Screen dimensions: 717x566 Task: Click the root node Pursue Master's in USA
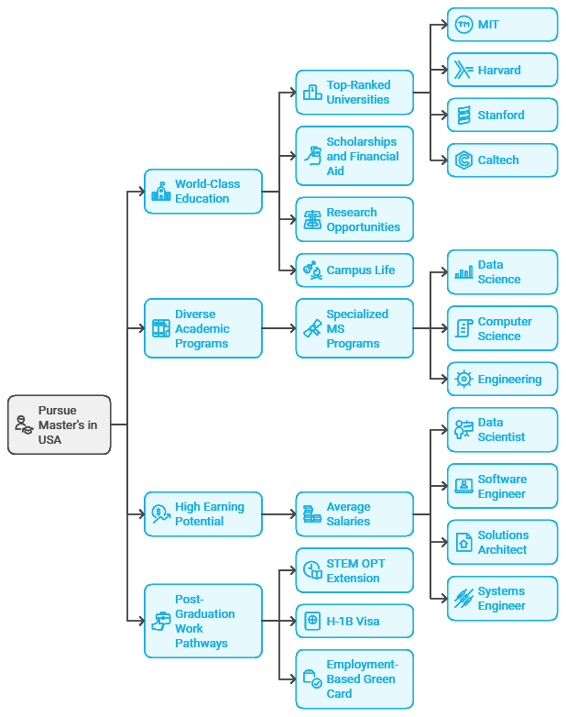tap(60, 425)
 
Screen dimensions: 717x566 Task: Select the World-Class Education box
tap(203, 192)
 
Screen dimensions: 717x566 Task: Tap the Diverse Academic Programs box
tap(203, 328)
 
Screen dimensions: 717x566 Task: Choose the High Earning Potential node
tap(203, 514)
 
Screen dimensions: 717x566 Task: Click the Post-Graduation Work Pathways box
tap(203, 621)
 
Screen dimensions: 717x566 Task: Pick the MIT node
tap(502, 25)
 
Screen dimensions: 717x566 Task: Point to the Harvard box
tap(502, 70)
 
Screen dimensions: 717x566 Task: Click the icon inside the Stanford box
tap(463, 116)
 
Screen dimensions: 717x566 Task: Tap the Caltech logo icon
tap(463, 160)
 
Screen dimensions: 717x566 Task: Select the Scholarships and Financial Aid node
tap(354, 157)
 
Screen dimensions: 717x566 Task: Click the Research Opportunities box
tap(354, 220)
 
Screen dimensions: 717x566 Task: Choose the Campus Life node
tap(354, 270)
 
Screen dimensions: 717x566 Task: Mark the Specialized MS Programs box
tap(354, 328)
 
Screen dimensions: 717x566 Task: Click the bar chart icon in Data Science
tap(463, 272)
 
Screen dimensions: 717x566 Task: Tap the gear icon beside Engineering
tap(463, 380)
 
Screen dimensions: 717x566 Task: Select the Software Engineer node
tap(502, 486)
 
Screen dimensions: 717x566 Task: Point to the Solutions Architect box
tap(502, 542)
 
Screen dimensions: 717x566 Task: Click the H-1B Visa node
tap(354, 621)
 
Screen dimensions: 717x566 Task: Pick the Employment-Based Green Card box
tap(354, 678)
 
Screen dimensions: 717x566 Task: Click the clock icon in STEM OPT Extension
tap(311, 571)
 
